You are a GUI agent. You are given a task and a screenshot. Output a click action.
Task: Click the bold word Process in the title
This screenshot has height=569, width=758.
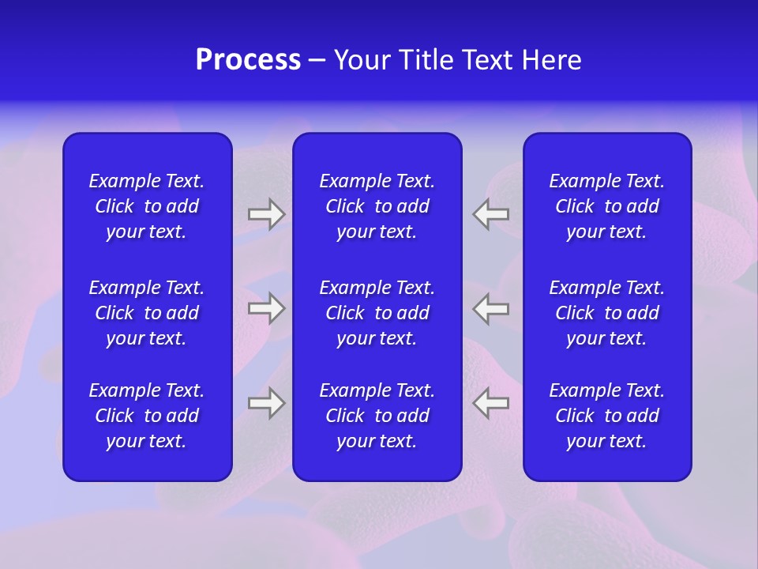pyautogui.click(x=248, y=60)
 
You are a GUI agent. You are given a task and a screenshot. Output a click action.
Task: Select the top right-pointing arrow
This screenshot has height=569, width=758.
pyautogui.click(x=266, y=214)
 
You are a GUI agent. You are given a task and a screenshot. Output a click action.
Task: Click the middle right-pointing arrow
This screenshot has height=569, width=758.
pyautogui.click(x=266, y=308)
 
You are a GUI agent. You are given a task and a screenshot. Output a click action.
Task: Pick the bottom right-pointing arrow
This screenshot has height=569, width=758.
pyautogui.click(x=266, y=403)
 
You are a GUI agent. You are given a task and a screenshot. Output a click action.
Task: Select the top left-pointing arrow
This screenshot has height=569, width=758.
pyautogui.click(x=491, y=214)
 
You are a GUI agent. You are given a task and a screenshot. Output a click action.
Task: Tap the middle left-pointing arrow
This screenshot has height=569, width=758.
pyautogui.click(x=491, y=308)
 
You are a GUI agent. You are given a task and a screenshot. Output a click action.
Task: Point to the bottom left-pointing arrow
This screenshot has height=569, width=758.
pyautogui.click(x=491, y=403)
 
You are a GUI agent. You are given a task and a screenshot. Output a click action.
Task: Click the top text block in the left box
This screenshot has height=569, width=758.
pyautogui.click(x=147, y=206)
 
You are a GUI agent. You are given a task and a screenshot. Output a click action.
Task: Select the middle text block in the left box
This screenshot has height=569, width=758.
pyautogui.click(x=147, y=313)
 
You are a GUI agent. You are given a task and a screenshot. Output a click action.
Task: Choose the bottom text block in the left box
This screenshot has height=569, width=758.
pyautogui.click(x=147, y=416)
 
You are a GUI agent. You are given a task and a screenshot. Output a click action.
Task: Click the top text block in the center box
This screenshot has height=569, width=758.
pyautogui.click(x=377, y=206)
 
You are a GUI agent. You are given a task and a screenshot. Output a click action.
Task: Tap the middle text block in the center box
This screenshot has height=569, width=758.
pyautogui.click(x=377, y=313)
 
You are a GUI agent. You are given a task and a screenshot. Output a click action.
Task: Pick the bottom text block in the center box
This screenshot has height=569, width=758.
pyautogui.click(x=377, y=416)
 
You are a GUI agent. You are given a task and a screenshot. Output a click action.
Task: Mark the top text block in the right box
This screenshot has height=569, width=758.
pyautogui.click(x=606, y=206)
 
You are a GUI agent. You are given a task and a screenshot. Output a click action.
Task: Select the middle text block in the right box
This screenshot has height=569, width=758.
pyautogui.click(x=606, y=313)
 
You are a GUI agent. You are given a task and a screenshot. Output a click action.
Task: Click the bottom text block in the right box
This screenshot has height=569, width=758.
pyautogui.click(x=606, y=416)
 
